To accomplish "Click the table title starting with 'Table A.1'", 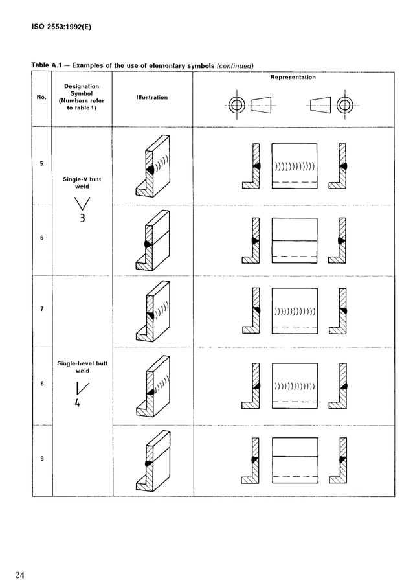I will (x=142, y=65).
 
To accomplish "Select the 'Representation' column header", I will (x=293, y=77).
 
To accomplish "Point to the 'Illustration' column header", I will (x=152, y=97).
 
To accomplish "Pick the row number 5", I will (x=41, y=163).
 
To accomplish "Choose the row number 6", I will (x=41, y=238).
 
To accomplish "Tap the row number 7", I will (x=41, y=309).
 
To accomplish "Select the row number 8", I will (x=41, y=384).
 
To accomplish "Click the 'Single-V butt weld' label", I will (x=82, y=182).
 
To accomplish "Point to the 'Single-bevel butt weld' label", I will (x=82, y=367).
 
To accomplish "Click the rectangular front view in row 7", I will (x=295, y=312).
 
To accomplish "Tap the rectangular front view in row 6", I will (x=295, y=240).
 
